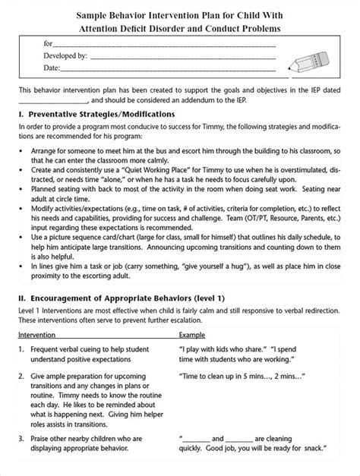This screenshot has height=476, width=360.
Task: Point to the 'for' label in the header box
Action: (x=49, y=44)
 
